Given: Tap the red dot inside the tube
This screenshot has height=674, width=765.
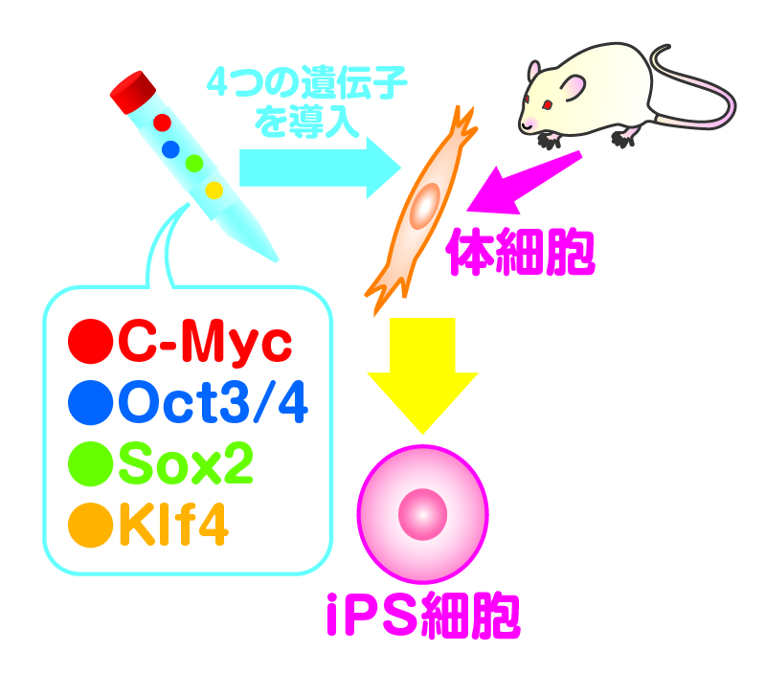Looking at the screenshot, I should (162, 123).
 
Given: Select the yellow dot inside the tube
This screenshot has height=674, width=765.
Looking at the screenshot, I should (214, 190).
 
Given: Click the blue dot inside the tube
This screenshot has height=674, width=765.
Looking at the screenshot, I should (171, 148).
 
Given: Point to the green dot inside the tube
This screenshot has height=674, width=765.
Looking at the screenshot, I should (194, 163).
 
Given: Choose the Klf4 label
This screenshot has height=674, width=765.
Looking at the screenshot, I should (171, 525).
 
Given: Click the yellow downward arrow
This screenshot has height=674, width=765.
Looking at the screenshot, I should (421, 373).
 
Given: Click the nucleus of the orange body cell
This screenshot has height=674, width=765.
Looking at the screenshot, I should (422, 207).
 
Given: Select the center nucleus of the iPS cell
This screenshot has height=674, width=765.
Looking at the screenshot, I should (422, 514).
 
